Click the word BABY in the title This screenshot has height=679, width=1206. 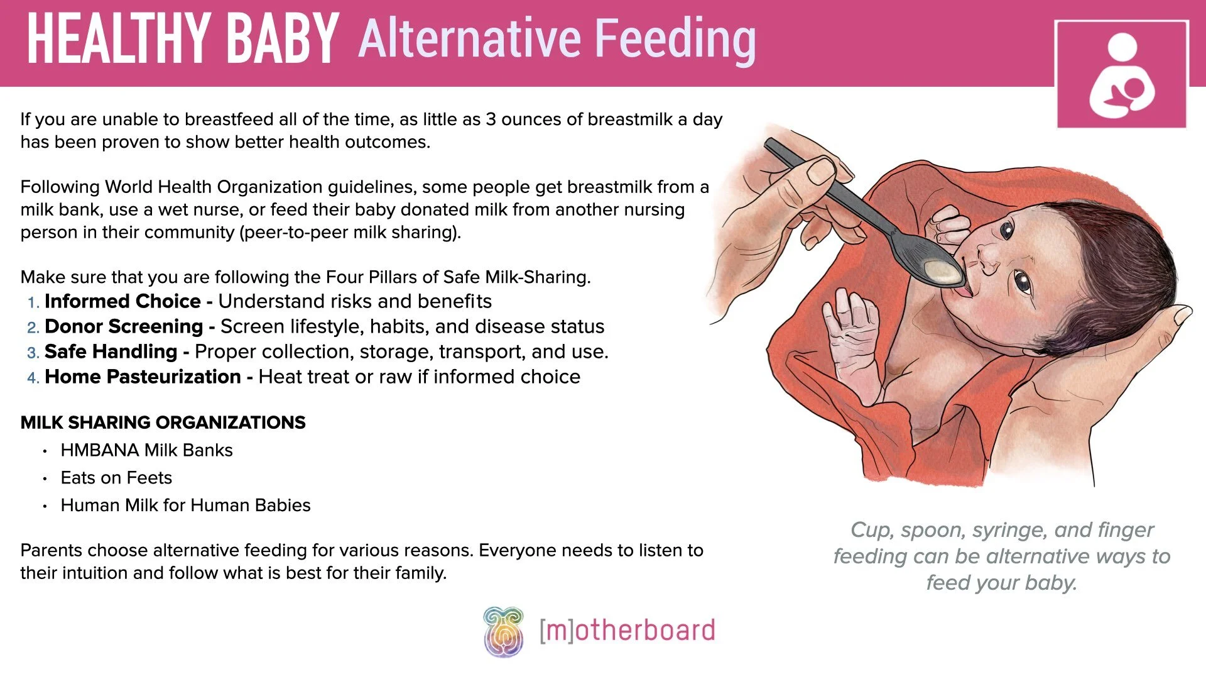tap(282, 39)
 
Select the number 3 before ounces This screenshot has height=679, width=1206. tap(491, 119)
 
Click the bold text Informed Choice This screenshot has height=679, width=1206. tap(122, 301)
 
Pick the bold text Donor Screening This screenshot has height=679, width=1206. tap(124, 326)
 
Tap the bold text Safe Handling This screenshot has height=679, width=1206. tap(111, 351)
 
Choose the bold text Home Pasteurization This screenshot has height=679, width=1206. tap(143, 377)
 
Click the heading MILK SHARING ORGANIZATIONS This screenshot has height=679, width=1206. tap(163, 422)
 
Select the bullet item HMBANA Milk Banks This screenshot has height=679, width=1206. tap(146, 450)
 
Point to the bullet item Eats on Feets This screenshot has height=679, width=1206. tap(116, 478)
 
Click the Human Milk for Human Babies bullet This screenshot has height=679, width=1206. tap(185, 505)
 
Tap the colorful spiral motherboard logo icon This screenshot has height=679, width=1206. tap(503, 631)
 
